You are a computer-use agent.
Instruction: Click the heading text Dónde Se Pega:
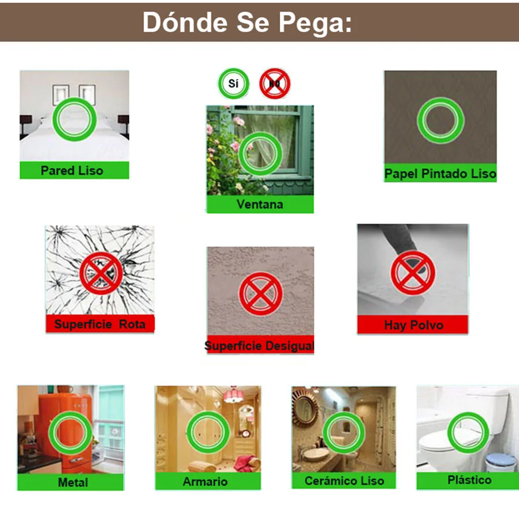click(x=247, y=22)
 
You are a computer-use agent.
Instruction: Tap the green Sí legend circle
click(x=234, y=83)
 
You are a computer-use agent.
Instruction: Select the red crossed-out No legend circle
click(x=275, y=83)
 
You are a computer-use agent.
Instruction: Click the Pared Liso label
click(x=72, y=170)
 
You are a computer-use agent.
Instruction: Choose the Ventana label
click(x=260, y=204)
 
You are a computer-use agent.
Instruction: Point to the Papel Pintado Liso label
click(x=440, y=173)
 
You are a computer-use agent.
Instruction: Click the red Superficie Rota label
click(x=100, y=324)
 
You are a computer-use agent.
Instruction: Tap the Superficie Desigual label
click(x=259, y=346)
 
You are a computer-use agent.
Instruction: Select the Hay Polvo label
click(x=414, y=325)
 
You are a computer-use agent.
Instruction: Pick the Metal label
click(x=73, y=482)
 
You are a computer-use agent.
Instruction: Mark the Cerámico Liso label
click(x=344, y=481)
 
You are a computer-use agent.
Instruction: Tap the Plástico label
click(x=469, y=480)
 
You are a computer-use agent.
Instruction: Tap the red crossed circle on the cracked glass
click(x=101, y=273)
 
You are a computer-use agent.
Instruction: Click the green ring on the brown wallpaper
click(x=440, y=121)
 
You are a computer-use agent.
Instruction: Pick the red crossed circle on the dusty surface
click(x=413, y=272)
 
